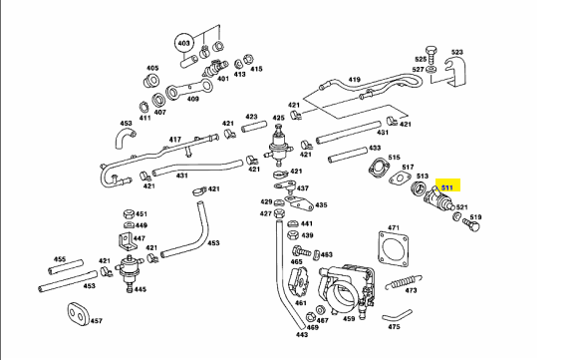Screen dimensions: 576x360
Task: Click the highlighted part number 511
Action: pos(447,187)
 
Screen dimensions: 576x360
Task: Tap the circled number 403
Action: pos(183,44)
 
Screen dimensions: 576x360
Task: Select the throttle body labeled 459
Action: pos(347,287)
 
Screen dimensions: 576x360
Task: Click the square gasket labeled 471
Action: pos(393,249)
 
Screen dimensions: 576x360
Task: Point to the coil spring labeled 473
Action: pos(403,282)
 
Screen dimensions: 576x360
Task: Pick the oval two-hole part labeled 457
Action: pos(79,314)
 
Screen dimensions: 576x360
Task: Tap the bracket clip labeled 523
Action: pos(455,72)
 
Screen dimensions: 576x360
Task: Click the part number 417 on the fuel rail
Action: pos(174,140)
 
